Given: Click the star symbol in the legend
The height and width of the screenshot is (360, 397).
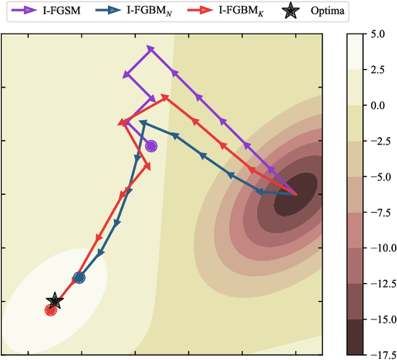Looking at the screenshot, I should click(298, 11).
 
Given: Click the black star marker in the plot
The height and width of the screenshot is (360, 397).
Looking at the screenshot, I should click(55, 301).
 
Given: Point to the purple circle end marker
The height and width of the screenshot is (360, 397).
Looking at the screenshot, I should click(151, 146).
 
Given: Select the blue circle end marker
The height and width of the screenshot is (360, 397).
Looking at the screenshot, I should click(79, 278).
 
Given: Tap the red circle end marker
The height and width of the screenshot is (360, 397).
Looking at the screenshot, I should click(51, 310).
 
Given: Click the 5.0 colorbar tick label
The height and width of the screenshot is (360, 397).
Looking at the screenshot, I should click(379, 35).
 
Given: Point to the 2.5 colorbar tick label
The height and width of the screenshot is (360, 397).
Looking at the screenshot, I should click(379, 70).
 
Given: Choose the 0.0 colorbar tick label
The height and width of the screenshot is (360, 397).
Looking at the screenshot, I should click(379, 106).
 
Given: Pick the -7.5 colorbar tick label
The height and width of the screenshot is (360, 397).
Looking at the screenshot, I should click(377, 212).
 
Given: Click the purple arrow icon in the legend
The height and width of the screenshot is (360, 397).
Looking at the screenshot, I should click(25, 11).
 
